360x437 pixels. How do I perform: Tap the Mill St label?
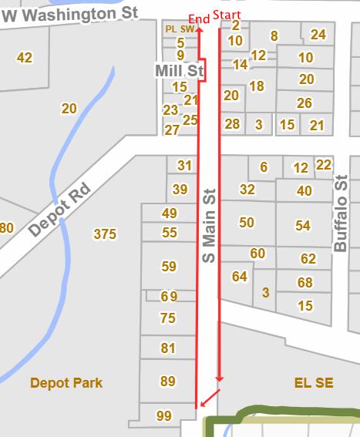[x=179, y=71]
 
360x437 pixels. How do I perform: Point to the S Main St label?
[x=208, y=224]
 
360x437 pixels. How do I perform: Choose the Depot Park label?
[x=66, y=383]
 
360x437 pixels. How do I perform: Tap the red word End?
[x=199, y=16]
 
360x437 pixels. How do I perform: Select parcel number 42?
[x=25, y=57]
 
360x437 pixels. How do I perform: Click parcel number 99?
[x=164, y=416]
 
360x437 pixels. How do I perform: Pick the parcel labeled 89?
[x=168, y=381]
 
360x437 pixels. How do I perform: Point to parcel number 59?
[x=169, y=267]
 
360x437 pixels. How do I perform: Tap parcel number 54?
[x=303, y=225]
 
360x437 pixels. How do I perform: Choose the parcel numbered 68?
[x=305, y=283]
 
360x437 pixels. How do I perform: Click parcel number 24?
[x=318, y=35]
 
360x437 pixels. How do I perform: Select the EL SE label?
[x=314, y=383]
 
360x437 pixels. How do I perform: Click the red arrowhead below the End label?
[x=199, y=30]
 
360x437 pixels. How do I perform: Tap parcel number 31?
[x=184, y=166]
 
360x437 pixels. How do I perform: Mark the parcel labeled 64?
[x=240, y=276]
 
